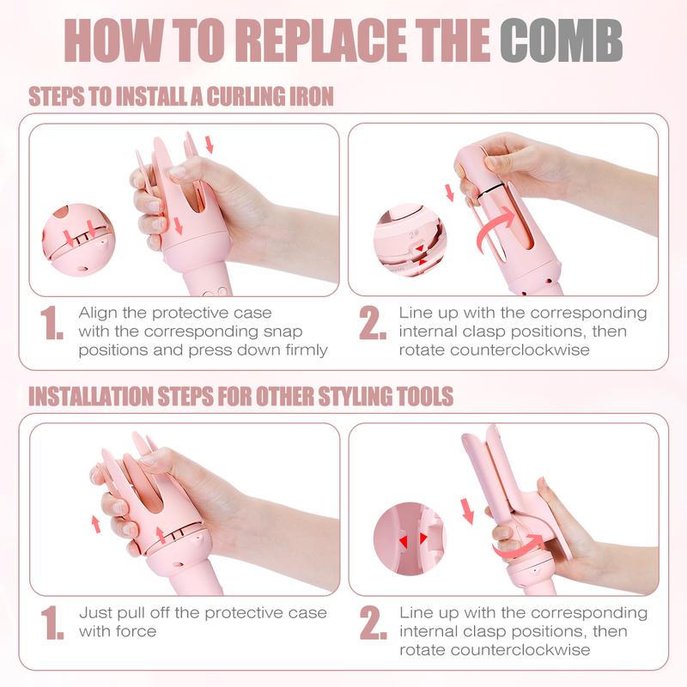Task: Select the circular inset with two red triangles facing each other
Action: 410,540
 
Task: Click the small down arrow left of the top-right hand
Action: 449,192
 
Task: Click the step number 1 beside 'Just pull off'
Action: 52,623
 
